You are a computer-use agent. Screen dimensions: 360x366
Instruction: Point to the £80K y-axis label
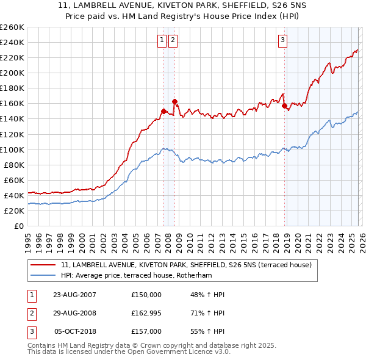(x=14, y=165)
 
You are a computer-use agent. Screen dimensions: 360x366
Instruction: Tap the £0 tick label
(x=19, y=226)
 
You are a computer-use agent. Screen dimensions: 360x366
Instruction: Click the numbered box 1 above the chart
(x=162, y=41)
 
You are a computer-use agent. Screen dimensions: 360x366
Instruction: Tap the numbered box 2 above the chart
(x=173, y=41)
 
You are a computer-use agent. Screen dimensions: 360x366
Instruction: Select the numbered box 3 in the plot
(x=283, y=41)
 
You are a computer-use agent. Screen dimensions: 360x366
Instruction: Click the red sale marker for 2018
(x=285, y=106)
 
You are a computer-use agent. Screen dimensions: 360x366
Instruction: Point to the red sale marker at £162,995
(x=174, y=101)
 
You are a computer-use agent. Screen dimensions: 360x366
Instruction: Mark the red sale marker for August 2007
(x=163, y=111)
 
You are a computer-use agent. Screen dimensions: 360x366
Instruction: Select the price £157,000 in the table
(x=146, y=331)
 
